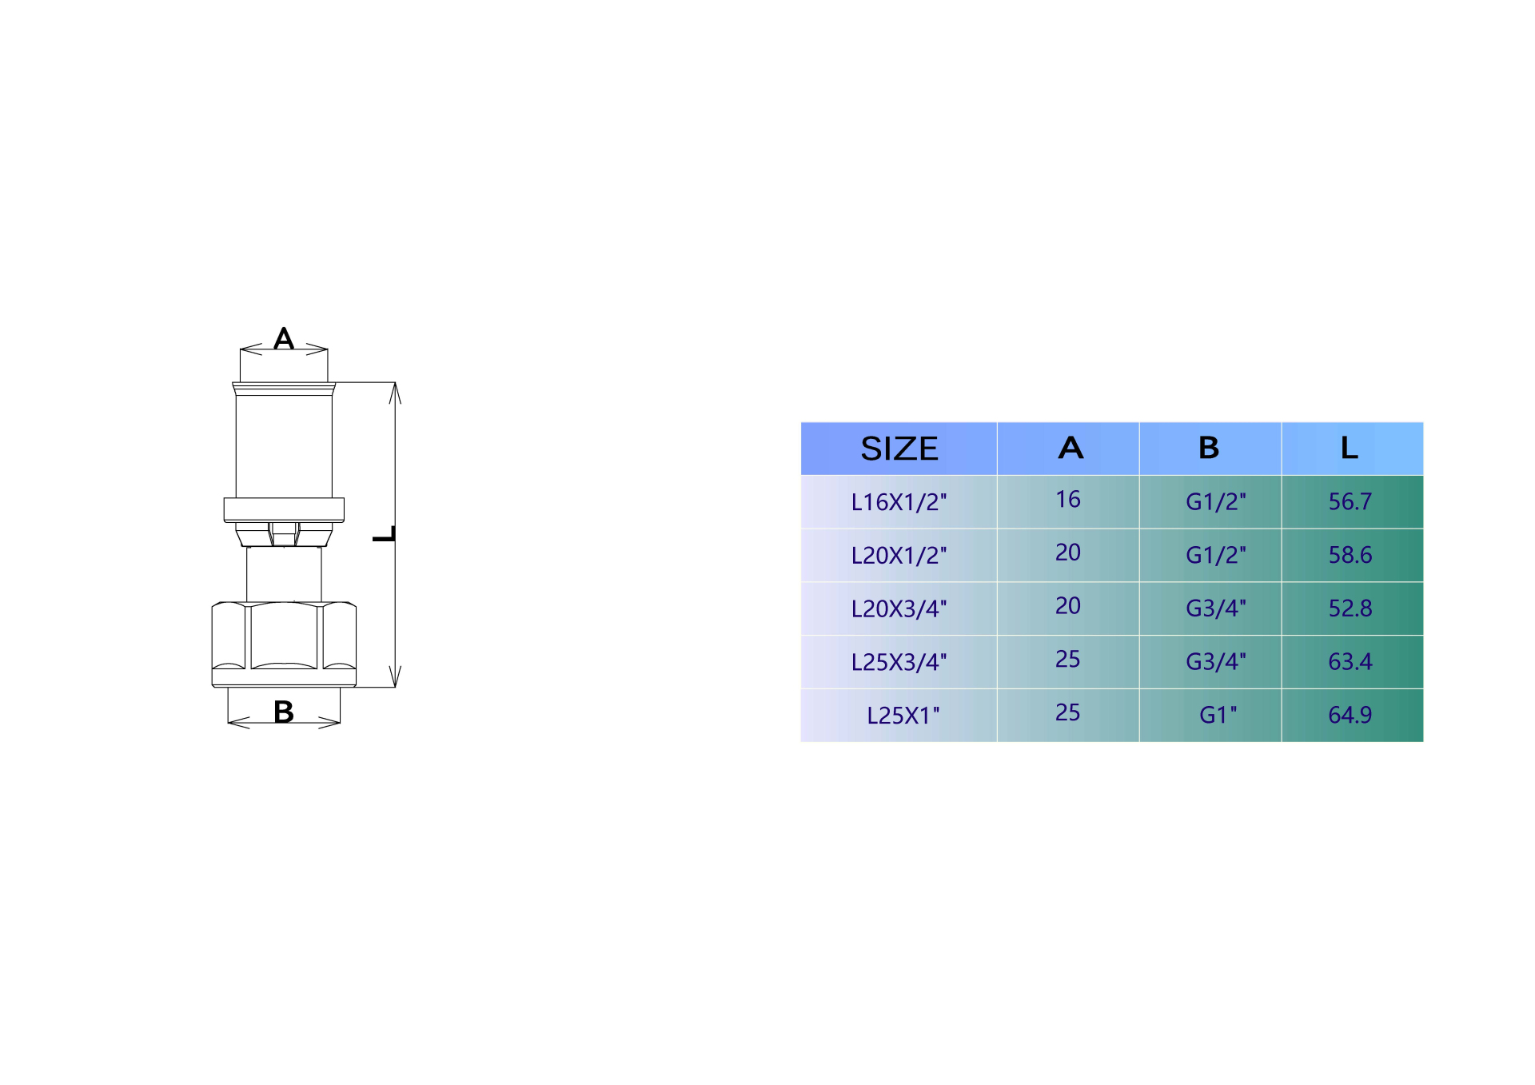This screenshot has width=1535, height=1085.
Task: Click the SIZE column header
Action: tap(899, 449)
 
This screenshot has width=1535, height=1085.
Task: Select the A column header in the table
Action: tap(1071, 448)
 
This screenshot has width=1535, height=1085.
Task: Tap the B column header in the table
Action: tap(1209, 448)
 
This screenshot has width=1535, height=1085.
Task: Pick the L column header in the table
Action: tap(1350, 448)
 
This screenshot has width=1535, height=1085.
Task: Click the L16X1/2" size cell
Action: tap(899, 502)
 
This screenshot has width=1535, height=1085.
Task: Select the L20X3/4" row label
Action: tap(899, 608)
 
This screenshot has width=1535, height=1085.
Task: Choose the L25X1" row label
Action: tap(903, 715)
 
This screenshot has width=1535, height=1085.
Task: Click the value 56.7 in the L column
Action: tap(1350, 501)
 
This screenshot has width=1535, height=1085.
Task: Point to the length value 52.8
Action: tap(1350, 608)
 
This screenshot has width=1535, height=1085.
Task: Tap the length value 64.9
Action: tap(1350, 715)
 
